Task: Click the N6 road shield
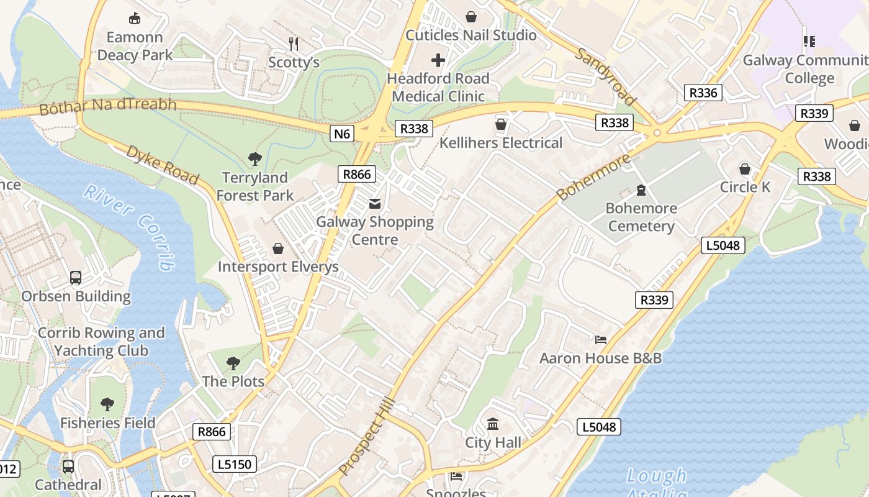(x=342, y=134)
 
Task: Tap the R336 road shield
(x=703, y=93)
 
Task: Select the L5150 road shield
(x=235, y=464)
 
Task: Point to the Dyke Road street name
(x=163, y=165)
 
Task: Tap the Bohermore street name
(x=593, y=177)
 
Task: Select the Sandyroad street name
(x=606, y=76)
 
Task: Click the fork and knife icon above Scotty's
(x=294, y=43)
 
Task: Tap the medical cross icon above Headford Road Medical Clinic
(x=438, y=60)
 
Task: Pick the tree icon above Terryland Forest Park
(x=254, y=159)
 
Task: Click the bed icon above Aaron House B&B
(x=600, y=340)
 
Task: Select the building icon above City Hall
(x=493, y=424)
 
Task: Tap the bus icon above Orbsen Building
(x=76, y=278)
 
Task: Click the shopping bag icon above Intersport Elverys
(x=278, y=248)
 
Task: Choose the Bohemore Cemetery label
(x=641, y=217)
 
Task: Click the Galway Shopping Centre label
(x=375, y=230)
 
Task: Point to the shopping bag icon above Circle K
(x=745, y=169)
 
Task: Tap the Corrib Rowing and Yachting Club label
(x=101, y=342)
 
